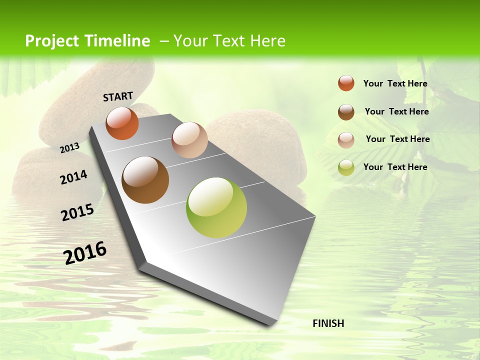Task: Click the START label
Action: pyautogui.click(x=118, y=96)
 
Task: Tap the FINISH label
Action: pyautogui.click(x=328, y=323)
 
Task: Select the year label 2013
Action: pyautogui.click(x=70, y=147)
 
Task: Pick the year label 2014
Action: pyautogui.click(x=73, y=177)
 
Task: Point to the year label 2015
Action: pyautogui.click(x=77, y=212)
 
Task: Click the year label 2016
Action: pyautogui.click(x=85, y=253)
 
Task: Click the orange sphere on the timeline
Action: pyautogui.click(x=122, y=123)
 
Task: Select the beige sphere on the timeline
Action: pyautogui.click(x=189, y=140)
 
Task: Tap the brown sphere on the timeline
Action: pyautogui.click(x=145, y=180)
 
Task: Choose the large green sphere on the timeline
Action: pyautogui.click(x=216, y=207)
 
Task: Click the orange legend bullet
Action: pyautogui.click(x=346, y=83)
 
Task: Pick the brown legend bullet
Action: pyautogui.click(x=346, y=112)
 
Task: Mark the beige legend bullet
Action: pyautogui.click(x=346, y=140)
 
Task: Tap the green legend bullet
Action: pyautogui.click(x=346, y=167)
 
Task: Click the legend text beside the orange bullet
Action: pyautogui.click(x=395, y=84)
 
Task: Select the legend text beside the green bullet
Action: pyautogui.click(x=395, y=167)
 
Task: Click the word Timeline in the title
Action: pyautogui.click(x=117, y=41)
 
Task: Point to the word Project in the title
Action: pyautogui.click(x=52, y=41)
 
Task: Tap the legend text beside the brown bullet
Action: pyautogui.click(x=396, y=111)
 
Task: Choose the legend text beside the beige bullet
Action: pyautogui.click(x=397, y=139)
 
